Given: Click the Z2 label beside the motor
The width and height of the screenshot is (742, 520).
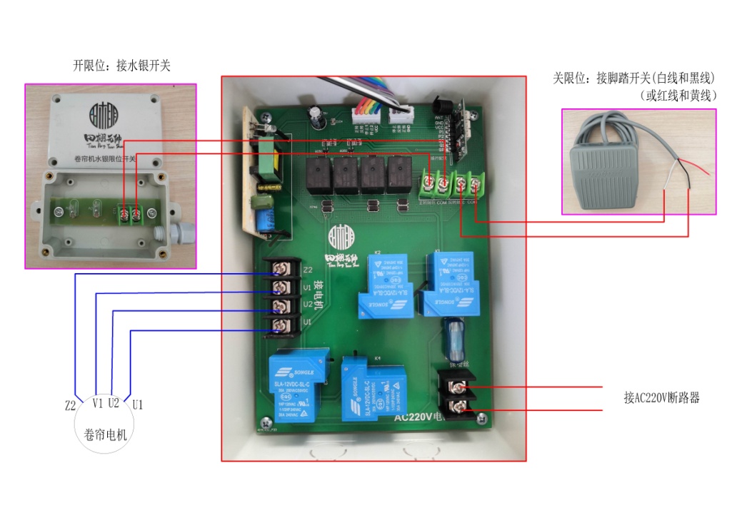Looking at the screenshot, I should [70, 405].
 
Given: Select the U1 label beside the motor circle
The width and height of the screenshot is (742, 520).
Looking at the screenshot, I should [138, 404].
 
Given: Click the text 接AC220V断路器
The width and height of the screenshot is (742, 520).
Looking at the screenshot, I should [661, 397].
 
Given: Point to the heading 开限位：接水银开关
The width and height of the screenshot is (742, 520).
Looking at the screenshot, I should [121, 66].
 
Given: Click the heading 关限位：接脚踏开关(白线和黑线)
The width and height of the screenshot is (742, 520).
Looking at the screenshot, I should [634, 77].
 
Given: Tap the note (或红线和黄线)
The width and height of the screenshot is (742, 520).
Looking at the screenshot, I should [678, 95].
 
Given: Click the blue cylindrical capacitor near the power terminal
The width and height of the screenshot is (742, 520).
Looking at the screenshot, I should [454, 340].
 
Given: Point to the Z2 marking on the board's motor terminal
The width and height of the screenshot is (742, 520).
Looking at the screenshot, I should [308, 270].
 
